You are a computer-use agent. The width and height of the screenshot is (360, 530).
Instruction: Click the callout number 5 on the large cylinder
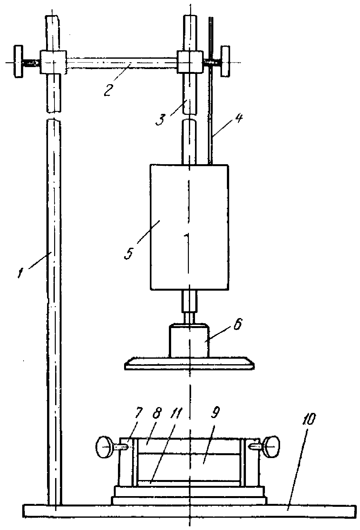[x=129, y=252]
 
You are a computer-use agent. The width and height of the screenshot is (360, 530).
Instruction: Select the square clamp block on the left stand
[x=53, y=62]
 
